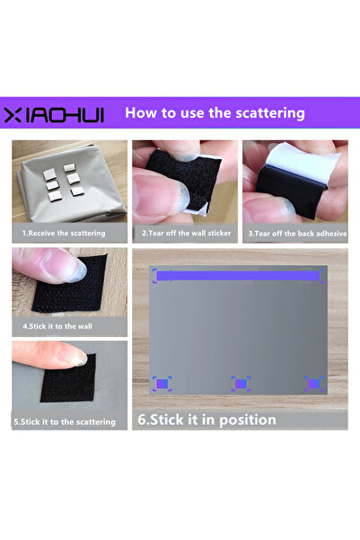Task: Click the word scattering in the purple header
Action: click(x=266, y=113)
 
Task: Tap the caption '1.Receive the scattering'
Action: click(x=64, y=233)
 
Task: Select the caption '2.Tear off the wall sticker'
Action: click(x=185, y=233)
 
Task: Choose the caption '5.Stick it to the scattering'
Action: click(x=64, y=420)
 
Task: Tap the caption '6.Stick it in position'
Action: click(x=206, y=420)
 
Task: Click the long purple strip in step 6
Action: click(x=241, y=276)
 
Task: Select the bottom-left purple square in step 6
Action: click(x=162, y=384)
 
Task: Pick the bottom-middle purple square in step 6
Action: click(x=240, y=384)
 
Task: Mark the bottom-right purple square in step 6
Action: click(x=313, y=384)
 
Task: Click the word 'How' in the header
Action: click(x=141, y=113)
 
